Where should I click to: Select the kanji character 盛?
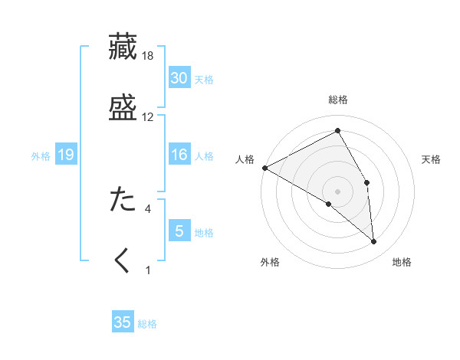coord(123,106)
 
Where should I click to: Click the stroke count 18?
coord(148,56)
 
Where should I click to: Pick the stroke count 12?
coord(148,117)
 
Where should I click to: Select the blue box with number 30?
coord(179,78)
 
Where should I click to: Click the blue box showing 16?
coord(179,155)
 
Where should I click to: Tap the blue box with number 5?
coord(179,231)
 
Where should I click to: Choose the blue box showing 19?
coord(65,155)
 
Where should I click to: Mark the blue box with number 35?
coord(123,322)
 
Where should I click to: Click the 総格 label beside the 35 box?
coord(147,324)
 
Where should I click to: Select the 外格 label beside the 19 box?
coord(41,156)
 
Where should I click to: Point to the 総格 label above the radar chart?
coord(338,100)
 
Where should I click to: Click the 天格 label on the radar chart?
coord(432,159)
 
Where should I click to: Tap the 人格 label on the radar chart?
coord(245,159)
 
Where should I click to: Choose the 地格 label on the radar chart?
coord(402,262)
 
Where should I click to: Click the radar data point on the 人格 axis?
coord(264,168)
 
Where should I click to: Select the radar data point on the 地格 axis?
coord(373,242)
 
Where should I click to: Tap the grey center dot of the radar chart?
coord(337,191)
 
